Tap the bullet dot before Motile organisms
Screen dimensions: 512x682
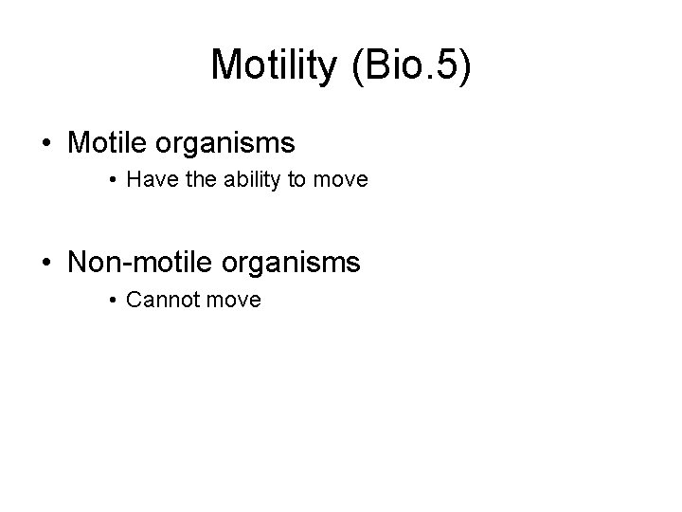pos(46,144)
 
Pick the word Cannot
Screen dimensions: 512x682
pos(159,300)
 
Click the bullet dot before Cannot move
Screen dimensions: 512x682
pos(113,301)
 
